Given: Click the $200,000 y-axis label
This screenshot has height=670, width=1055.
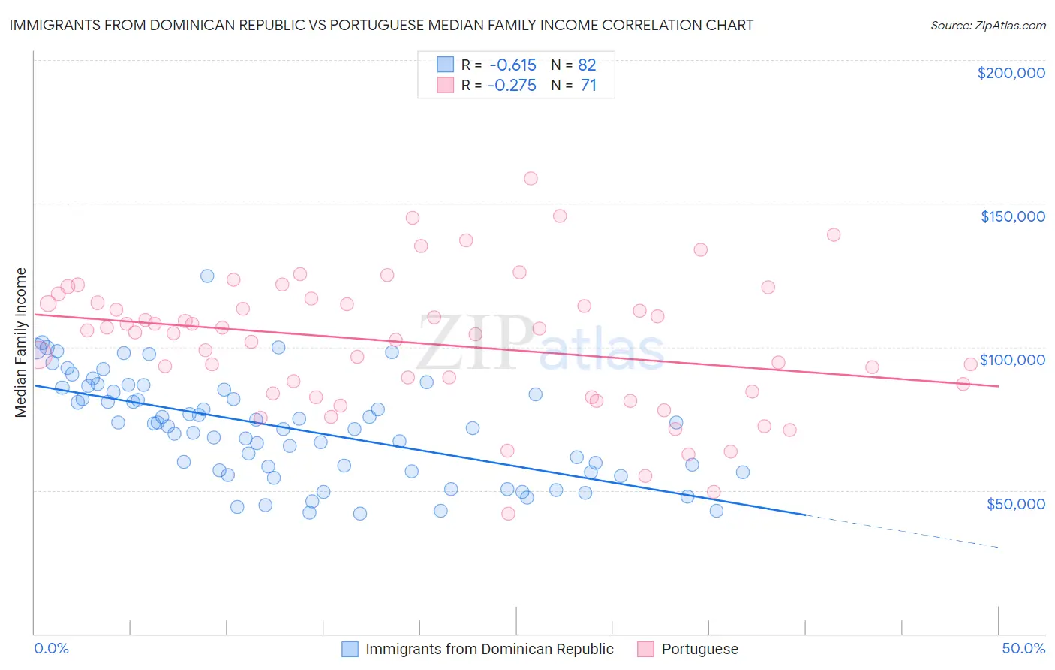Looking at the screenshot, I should (1011, 73).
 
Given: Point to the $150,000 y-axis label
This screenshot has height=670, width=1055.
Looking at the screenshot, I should (1012, 216).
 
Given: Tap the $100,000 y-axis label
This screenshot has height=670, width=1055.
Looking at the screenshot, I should (1012, 360).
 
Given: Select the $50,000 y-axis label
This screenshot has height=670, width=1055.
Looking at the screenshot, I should (1015, 503).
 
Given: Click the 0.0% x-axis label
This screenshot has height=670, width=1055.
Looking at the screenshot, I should (51, 648).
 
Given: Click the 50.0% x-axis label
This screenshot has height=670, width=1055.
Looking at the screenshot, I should (1023, 648).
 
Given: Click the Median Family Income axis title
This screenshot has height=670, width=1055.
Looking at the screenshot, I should (20, 342).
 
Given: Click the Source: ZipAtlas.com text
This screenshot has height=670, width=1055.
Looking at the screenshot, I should (987, 25).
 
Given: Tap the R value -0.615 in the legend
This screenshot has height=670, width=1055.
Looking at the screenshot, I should (512, 65).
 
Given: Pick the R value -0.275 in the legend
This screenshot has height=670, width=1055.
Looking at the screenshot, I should (512, 85).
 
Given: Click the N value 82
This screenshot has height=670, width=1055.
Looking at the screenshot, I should (587, 65).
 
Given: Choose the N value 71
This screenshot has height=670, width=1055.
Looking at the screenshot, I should (588, 85).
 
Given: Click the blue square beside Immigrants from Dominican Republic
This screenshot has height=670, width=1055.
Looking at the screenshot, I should (350, 649).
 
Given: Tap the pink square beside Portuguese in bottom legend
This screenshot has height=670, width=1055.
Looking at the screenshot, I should (645, 649).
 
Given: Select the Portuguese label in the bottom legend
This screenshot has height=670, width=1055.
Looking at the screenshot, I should (699, 649).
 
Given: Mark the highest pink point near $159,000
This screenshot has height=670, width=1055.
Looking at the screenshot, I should (531, 178).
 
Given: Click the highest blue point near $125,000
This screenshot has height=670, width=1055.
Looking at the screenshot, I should (207, 276).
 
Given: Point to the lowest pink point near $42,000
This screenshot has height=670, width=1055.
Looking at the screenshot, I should (508, 514).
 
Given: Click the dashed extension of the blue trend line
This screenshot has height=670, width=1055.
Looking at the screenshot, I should (900, 531).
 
